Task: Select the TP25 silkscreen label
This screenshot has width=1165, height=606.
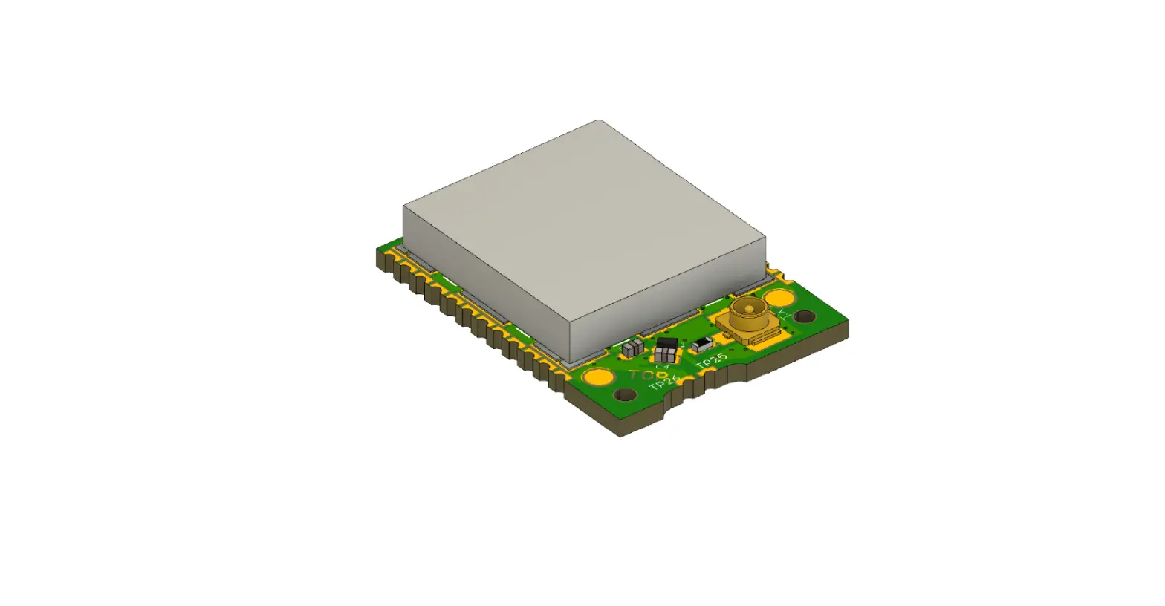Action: (x=711, y=361)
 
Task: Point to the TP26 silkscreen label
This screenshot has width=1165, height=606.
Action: (x=663, y=382)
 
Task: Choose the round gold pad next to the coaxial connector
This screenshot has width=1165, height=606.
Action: (x=779, y=298)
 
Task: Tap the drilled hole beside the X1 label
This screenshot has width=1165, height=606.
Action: (x=804, y=317)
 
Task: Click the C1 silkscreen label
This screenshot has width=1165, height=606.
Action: (x=662, y=365)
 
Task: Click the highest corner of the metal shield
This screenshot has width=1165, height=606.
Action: (x=599, y=120)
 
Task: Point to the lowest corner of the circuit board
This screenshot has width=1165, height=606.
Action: (x=621, y=435)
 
